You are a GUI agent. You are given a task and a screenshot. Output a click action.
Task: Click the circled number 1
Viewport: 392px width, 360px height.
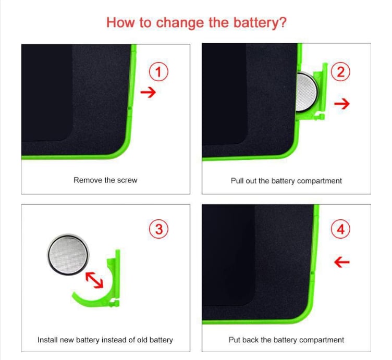[158, 72]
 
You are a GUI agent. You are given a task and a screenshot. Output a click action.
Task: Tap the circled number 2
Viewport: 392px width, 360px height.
[340, 72]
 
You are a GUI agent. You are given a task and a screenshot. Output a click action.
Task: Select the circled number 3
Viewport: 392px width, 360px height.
[158, 229]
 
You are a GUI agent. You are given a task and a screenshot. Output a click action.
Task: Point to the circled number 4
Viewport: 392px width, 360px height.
[340, 229]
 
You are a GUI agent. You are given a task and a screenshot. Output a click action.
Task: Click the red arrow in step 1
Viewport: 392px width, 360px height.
[148, 92]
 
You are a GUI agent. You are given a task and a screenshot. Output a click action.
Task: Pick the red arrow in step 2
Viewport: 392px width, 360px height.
[342, 104]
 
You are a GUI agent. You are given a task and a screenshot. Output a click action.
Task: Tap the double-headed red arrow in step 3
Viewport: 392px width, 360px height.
[94, 280]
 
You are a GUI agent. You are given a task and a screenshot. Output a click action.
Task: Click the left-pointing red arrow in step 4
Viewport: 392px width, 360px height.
[342, 262]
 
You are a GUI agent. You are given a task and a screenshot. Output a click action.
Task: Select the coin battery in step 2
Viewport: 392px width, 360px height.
[307, 92]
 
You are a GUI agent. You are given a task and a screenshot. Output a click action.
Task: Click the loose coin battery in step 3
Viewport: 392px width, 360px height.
[68, 255]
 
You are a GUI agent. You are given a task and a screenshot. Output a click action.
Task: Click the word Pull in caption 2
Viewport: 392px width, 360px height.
[237, 181]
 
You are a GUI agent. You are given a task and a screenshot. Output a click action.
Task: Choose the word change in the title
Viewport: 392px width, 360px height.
[180, 23]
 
